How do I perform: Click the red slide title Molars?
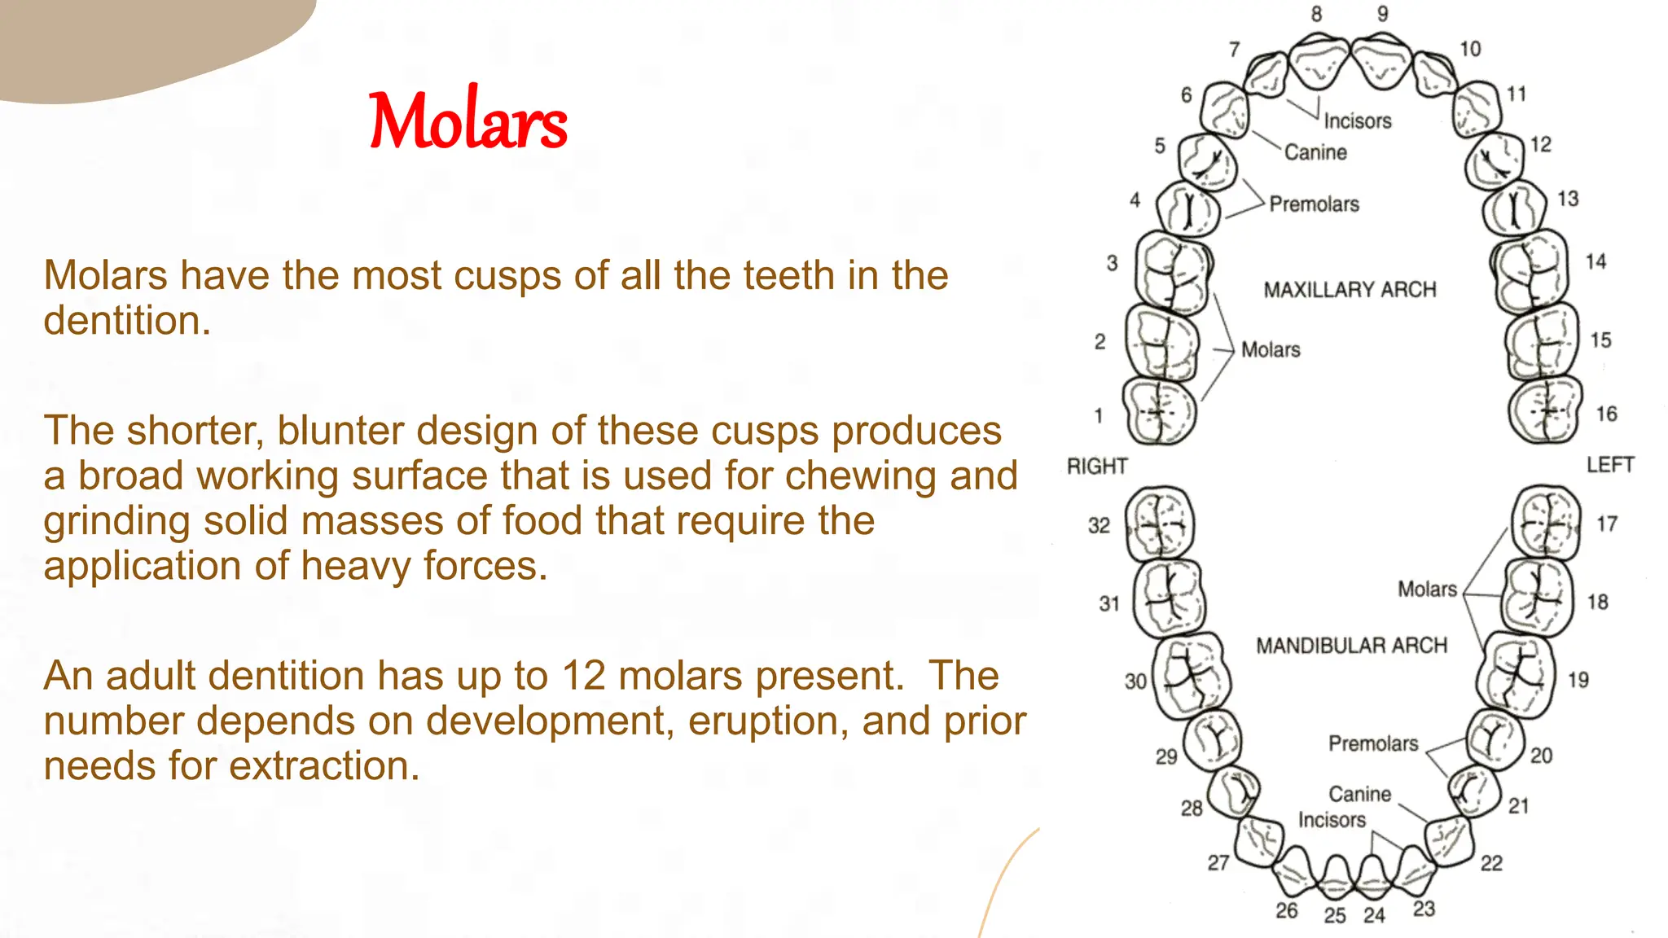click(468, 121)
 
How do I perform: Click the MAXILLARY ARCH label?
click(1350, 290)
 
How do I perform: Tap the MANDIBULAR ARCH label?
click(1351, 646)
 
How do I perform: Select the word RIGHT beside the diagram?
click(1097, 467)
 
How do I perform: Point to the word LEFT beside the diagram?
click(1609, 465)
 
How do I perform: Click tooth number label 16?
click(1606, 414)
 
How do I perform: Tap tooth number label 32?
click(1099, 526)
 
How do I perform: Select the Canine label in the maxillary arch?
click(1315, 152)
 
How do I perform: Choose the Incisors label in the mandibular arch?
click(1332, 820)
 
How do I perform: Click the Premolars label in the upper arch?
click(1314, 204)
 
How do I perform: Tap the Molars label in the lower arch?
click(1427, 590)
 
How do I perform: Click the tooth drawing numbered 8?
click(1319, 61)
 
